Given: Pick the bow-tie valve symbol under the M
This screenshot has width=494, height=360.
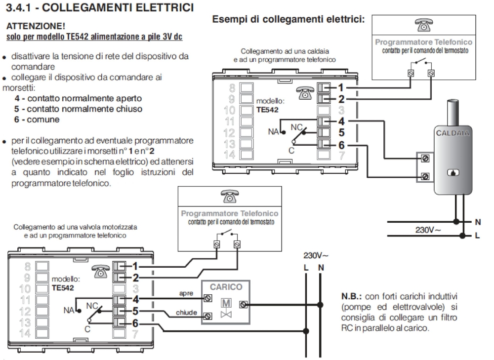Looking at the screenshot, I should [x=225, y=314].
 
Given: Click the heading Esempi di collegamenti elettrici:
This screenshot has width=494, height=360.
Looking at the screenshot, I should [x=288, y=21].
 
